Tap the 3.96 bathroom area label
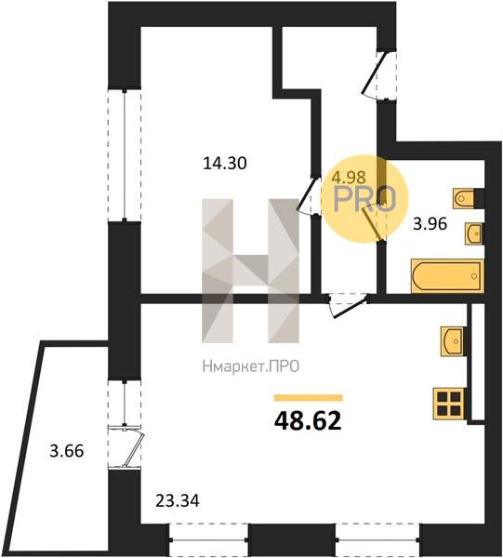430,224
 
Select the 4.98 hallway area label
349,176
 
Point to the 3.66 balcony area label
67,451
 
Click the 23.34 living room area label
178,501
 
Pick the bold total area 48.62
308,420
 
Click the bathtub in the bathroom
447,276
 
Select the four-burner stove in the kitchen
449,404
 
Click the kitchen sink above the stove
452,341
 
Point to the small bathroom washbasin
473,233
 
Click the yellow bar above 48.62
308,397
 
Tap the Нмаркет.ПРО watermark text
250,366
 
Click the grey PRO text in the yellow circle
364,199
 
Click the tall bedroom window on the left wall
125,155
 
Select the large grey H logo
250,271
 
